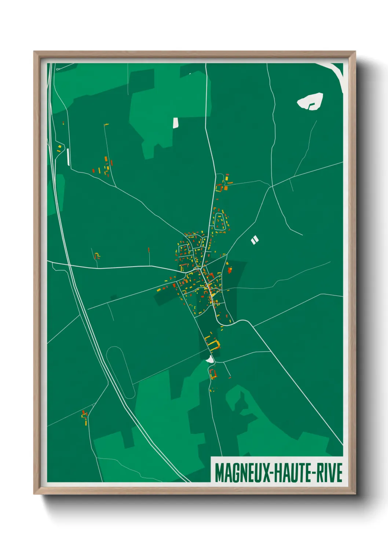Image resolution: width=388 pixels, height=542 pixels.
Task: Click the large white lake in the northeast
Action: [x=310, y=101]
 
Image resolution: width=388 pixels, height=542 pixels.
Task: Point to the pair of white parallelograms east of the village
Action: [x=255, y=240]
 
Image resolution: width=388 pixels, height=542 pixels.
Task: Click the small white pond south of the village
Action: [x=210, y=360]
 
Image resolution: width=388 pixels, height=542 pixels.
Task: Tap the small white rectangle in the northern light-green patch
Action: [x=175, y=123]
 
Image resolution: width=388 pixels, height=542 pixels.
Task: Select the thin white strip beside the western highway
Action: [x=68, y=157]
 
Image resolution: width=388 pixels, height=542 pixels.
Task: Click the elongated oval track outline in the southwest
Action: [x=120, y=372]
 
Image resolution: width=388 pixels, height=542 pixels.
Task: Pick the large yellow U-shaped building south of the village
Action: [x=213, y=344]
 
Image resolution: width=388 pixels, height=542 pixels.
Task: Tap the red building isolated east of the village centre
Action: [x=230, y=270]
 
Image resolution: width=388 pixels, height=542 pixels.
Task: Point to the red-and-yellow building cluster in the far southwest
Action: [x=85, y=417]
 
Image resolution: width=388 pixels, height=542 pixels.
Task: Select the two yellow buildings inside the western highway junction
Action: [x=59, y=148]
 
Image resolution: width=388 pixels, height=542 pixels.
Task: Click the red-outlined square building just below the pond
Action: [x=212, y=374]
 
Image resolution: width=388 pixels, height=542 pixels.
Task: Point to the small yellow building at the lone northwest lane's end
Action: [x=106, y=125]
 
